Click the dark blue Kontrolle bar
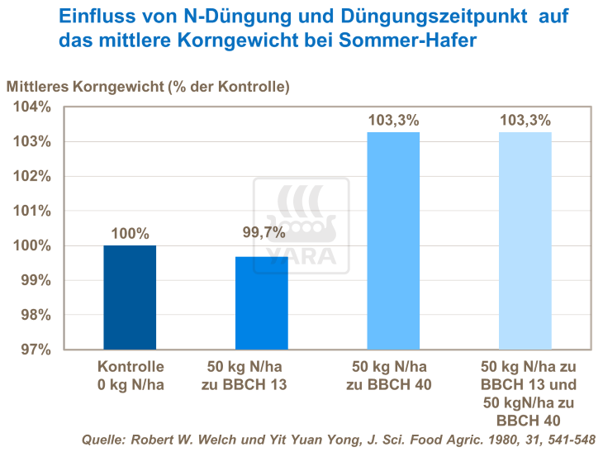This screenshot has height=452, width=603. (130, 297)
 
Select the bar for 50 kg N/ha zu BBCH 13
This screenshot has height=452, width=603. (262, 302)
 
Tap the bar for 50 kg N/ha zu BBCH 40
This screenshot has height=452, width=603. (393, 240)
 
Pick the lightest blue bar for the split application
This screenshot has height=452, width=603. (525, 240)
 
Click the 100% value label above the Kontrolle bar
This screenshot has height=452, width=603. (130, 234)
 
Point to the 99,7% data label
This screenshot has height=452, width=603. (262, 234)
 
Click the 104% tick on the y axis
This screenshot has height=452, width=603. (34, 107)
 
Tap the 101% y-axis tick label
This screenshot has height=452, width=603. (34, 211)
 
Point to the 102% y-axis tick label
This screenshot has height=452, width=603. (34, 176)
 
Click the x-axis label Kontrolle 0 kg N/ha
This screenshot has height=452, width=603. (131, 374)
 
